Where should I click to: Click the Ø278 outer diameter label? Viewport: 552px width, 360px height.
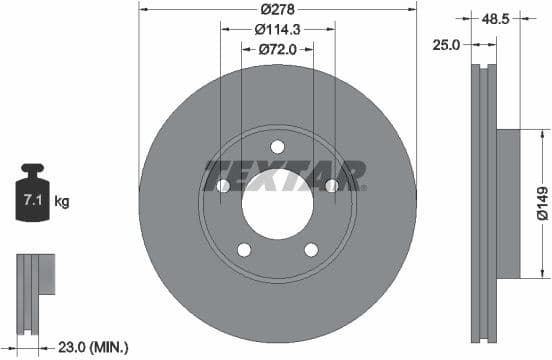[x=277, y=10]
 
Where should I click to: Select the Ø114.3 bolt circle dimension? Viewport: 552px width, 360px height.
[x=277, y=29]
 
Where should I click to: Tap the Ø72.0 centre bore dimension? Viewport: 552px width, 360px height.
[x=277, y=48]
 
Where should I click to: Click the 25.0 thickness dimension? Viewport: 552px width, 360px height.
[x=446, y=43]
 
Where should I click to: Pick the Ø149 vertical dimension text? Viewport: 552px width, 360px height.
[x=541, y=201]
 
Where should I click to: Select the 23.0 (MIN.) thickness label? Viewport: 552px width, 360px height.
[x=94, y=347]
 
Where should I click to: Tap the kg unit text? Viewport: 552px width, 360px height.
[x=62, y=202]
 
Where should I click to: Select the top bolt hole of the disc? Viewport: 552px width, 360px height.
[x=277, y=147]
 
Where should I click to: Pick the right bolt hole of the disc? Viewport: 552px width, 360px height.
[x=331, y=185]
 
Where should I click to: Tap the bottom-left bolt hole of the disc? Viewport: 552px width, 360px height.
[x=244, y=249]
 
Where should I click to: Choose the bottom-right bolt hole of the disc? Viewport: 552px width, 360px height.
[x=311, y=249]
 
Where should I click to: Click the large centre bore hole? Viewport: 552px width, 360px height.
[x=277, y=204]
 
